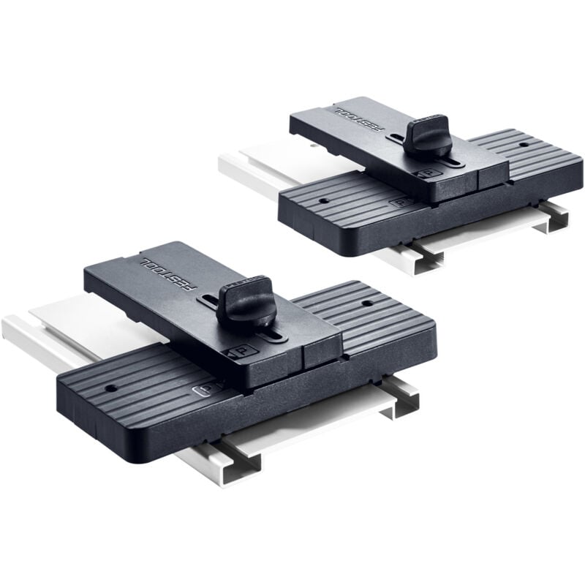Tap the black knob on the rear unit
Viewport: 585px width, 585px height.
pos(427,131)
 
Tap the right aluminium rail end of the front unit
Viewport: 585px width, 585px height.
pos(404,399)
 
